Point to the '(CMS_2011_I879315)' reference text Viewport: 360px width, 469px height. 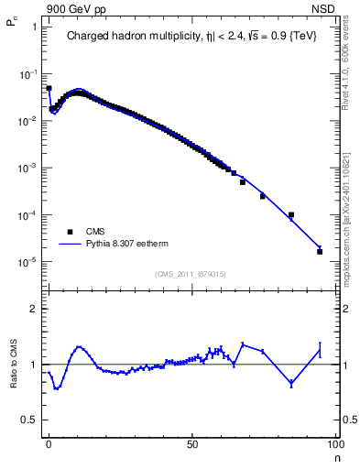tap(191, 274)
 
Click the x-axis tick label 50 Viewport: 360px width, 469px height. tap(192, 443)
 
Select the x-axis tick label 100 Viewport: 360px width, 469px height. tap(334, 443)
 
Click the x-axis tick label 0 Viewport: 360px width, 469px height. tap(49, 443)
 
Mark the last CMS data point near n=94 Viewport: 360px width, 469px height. tap(320, 251)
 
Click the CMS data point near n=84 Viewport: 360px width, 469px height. tap(290, 215)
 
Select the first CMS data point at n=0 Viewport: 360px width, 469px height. tap(49, 89)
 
